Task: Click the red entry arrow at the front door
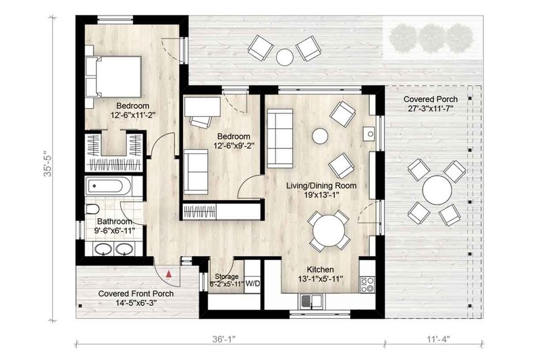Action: tap(168, 274)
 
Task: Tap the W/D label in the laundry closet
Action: tap(252, 284)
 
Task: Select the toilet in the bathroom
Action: tap(92, 209)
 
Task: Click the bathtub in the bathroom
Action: tap(108, 186)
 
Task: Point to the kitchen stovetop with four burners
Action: tap(368, 284)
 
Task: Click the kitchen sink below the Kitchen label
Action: tap(311, 301)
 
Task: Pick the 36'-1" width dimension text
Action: tap(223, 339)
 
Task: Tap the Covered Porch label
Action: tap(431, 99)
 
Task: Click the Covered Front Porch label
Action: tap(136, 294)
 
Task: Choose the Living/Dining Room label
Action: tap(321, 186)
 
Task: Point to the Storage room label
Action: tap(227, 276)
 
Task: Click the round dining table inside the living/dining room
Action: tap(329, 230)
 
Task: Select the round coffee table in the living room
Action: tap(320, 136)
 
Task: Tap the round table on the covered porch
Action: tap(437, 190)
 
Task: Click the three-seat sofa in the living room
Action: tap(280, 138)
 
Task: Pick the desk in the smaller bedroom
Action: tap(202, 107)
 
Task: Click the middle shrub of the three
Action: tap(432, 38)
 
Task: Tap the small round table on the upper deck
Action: tap(285, 57)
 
